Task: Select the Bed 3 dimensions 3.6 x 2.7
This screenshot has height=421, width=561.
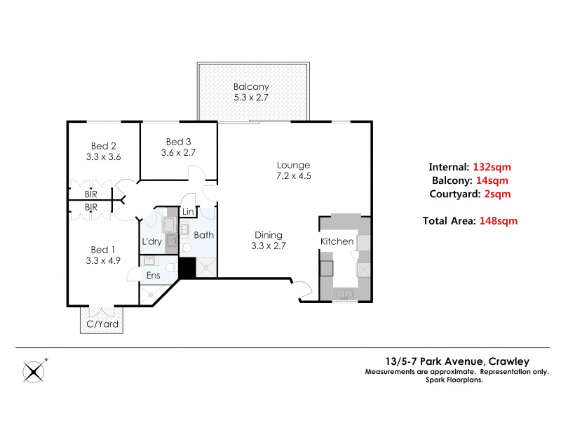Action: (178, 152)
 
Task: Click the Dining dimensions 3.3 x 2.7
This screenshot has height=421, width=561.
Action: (268, 247)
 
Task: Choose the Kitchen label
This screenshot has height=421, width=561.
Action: (337, 241)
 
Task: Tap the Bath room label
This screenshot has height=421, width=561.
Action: (203, 235)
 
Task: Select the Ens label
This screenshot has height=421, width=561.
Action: (153, 276)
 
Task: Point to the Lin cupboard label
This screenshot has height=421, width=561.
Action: (188, 212)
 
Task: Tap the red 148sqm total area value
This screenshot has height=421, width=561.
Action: (499, 220)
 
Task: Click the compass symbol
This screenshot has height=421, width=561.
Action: (33, 370)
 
